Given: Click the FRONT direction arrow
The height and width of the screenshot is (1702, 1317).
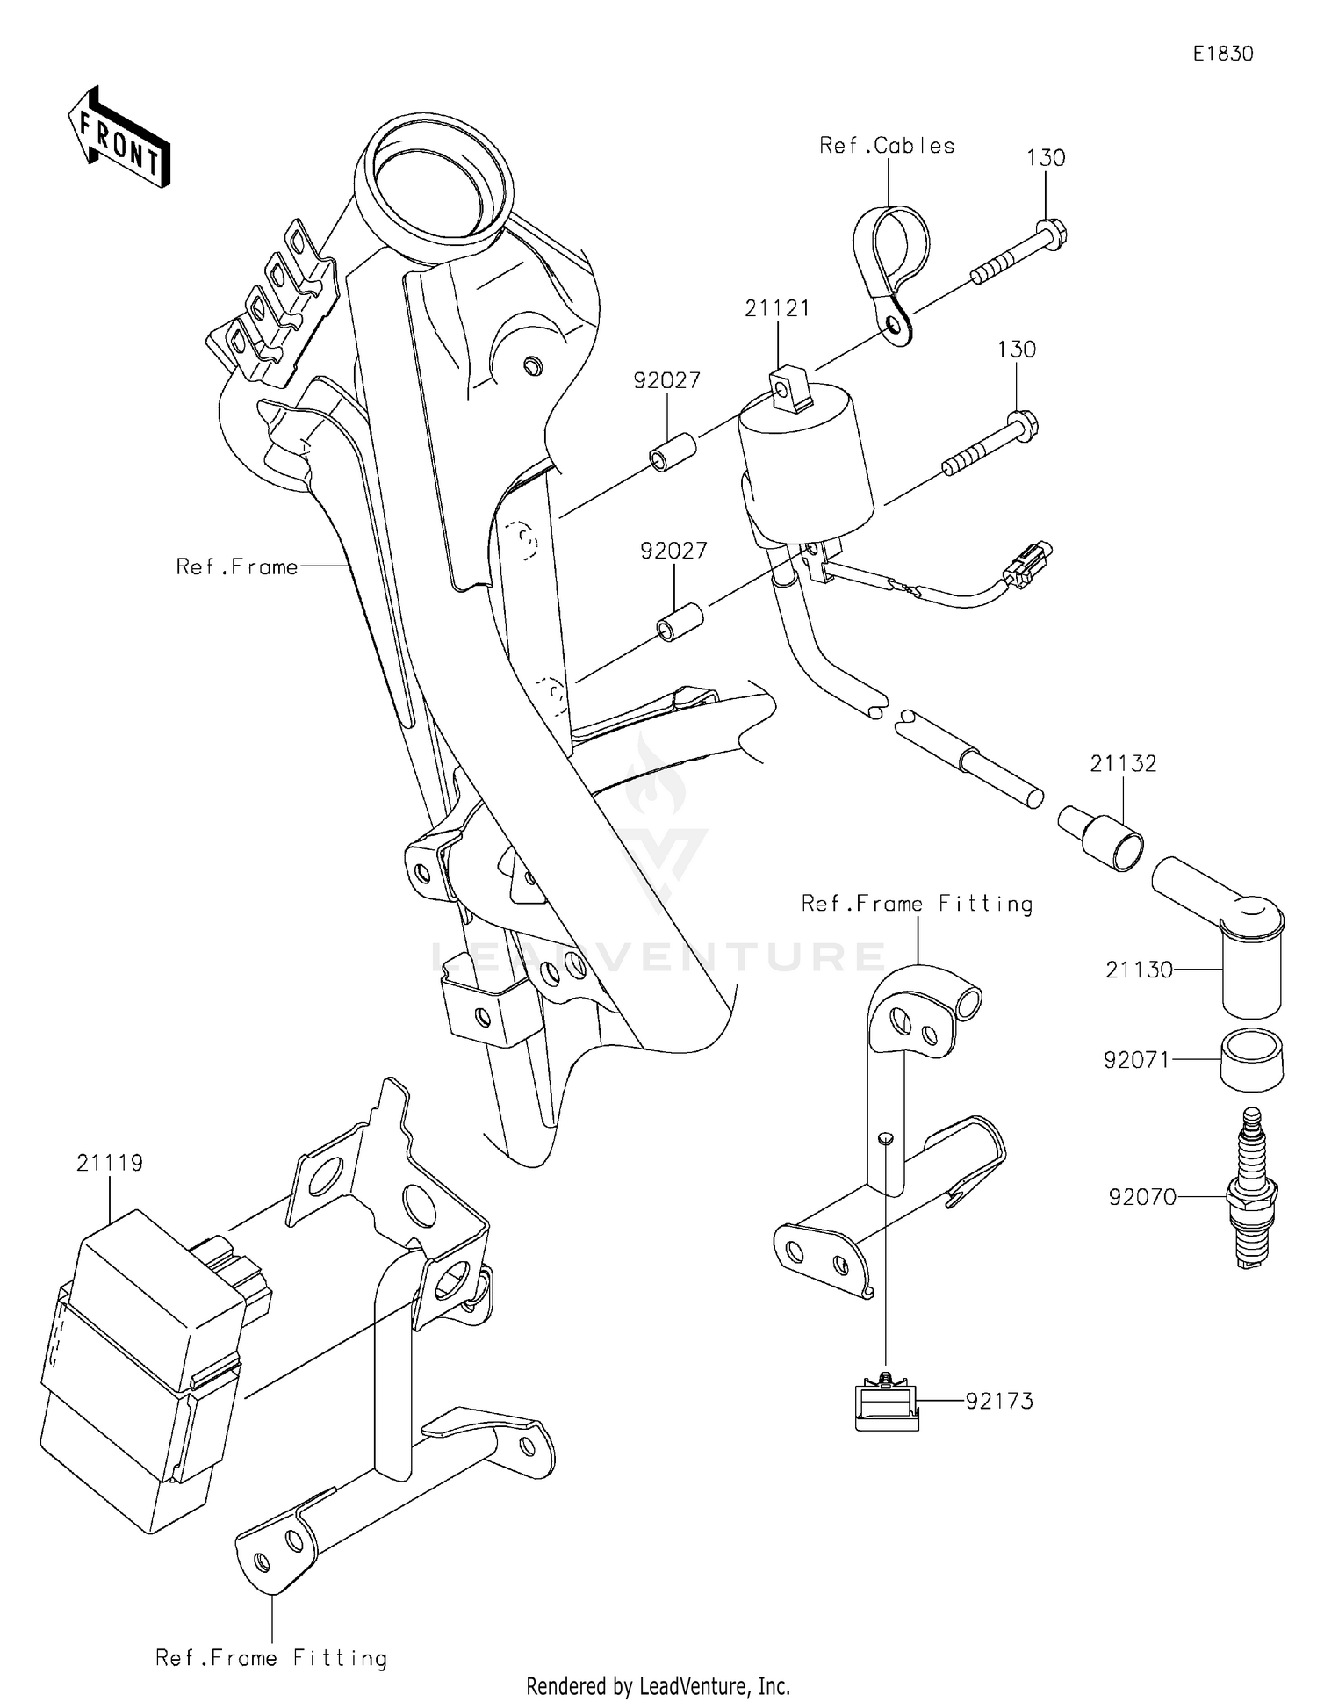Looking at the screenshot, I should [x=119, y=138].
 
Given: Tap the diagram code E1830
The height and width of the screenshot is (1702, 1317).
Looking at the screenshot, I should [x=1222, y=54].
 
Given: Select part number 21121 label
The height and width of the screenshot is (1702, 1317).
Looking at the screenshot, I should [x=777, y=308].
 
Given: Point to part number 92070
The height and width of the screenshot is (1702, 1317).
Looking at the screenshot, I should [x=1141, y=1197].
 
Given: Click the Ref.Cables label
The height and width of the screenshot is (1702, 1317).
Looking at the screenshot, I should [x=887, y=146].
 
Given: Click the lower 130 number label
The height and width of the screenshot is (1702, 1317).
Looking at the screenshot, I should [x=1016, y=350].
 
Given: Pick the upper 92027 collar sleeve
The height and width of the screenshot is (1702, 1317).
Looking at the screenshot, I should [x=673, y=453].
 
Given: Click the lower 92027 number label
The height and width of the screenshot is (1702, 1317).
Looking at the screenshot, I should [x=673, y=551].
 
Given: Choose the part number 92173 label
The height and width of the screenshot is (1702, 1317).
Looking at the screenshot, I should [x=999, y=1401].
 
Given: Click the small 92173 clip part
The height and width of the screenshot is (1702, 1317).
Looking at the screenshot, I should [x=887, y=1403].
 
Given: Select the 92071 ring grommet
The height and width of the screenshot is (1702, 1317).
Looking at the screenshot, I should [x=1251, y=1061].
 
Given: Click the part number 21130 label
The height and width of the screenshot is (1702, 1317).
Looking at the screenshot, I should [x=1139, y=970].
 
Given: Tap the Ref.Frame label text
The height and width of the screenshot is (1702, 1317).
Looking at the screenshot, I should [x=236, y=567].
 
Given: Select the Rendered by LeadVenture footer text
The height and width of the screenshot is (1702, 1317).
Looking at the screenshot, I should [x=658, y=1685].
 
